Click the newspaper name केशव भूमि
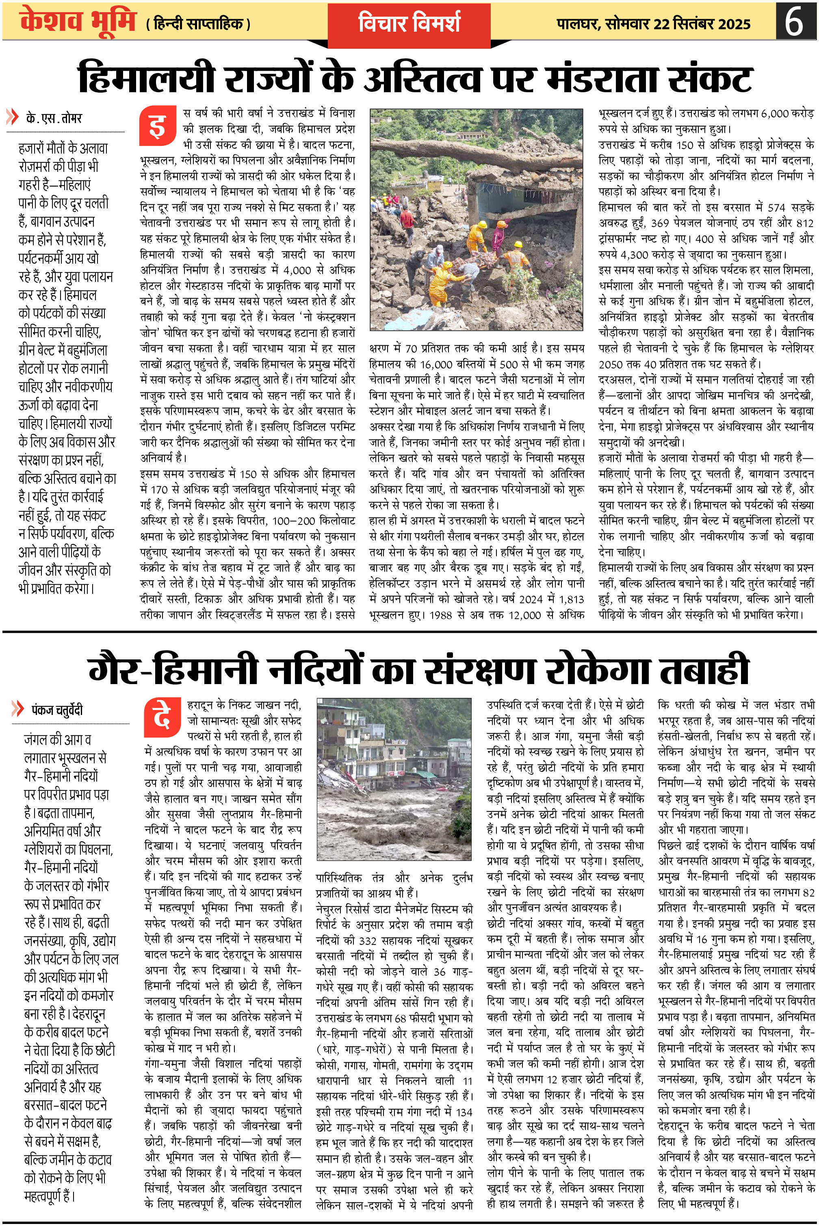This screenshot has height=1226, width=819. click(x=77, y=22)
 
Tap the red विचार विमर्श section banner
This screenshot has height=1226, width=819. click(x=409, y=24)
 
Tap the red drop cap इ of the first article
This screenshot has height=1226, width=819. click(x=157, y=127)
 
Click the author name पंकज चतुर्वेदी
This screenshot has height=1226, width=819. click(x=57, y=710)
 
